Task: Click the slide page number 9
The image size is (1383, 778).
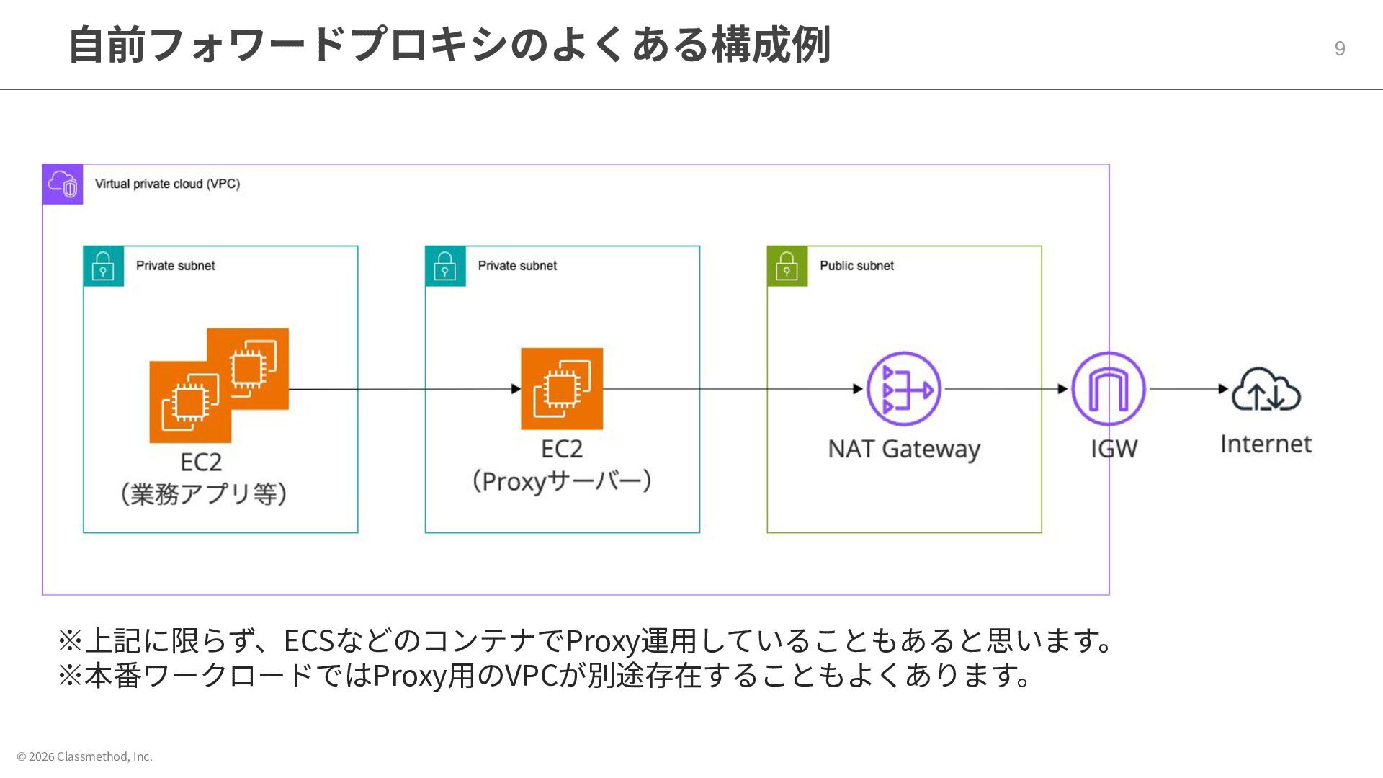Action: tap(1339, 48)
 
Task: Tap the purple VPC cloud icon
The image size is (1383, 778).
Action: tap(63, 184)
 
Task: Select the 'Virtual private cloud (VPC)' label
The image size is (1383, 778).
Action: tap(167, 184)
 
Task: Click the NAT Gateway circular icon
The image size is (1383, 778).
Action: tap(903, 389)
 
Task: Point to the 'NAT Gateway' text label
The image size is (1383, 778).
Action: tap(903, 449)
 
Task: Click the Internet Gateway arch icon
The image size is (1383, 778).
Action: tap(1108, 389)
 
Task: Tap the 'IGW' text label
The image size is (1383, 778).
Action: tap(1114, 449)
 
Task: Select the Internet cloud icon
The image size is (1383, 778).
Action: tap(1266, 390)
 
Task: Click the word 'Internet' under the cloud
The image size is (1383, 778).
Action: tap(1266, 444)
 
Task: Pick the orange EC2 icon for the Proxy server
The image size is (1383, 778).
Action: tap(562, 389)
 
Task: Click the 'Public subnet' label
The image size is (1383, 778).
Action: tap(856, 266)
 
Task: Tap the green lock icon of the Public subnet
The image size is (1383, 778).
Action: tap(787, 266)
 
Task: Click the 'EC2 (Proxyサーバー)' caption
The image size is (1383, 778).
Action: tap(562, 465)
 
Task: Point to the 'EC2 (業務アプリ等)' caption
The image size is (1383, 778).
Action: tap(202, 478)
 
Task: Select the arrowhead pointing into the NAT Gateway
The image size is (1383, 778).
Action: tap(857, 389)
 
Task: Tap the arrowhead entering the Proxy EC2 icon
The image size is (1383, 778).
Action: tap(515, 389)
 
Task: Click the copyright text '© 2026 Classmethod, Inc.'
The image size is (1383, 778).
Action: tap(85, 756)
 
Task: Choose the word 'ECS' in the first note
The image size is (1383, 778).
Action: tap(308, 640)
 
